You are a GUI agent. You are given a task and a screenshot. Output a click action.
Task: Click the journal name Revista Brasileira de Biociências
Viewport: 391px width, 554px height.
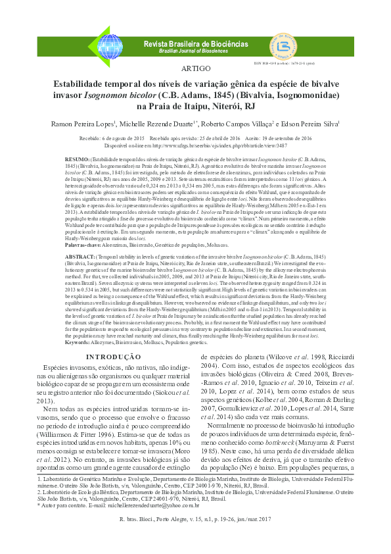click(195, 43)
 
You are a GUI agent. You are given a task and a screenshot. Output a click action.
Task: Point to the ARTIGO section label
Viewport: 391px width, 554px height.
click(195, 68)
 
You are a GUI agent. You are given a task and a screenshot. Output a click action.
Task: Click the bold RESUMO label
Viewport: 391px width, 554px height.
click(78, 160)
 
